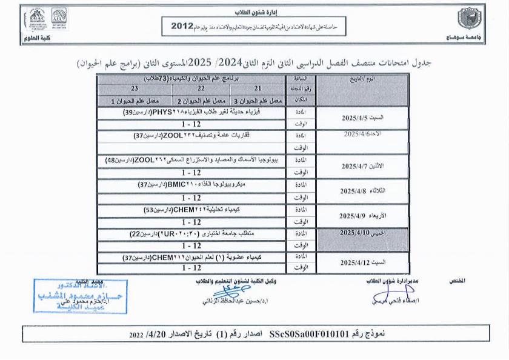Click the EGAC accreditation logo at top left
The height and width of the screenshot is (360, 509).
tap(37, 20)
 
